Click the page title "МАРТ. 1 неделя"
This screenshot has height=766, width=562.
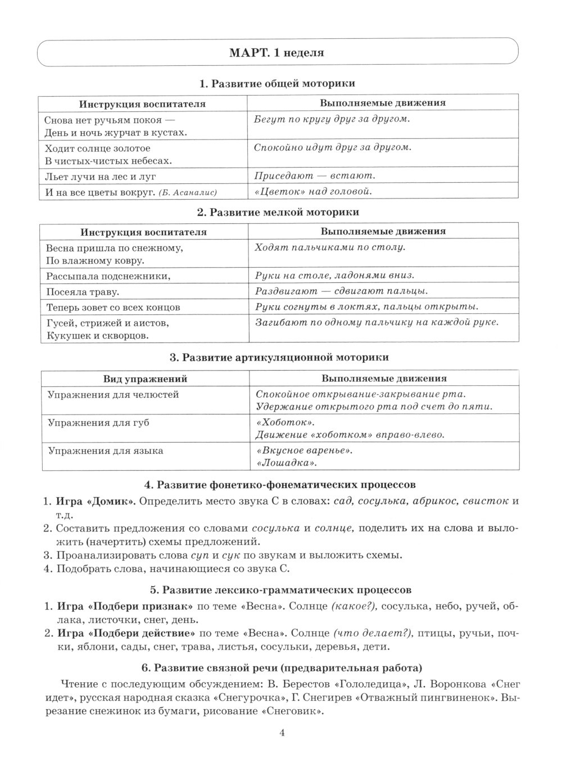(277, 53)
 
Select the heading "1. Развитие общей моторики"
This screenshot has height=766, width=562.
(277, 84)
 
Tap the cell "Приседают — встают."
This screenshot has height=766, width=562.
(315, 175)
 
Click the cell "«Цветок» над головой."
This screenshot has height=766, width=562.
(313, 192)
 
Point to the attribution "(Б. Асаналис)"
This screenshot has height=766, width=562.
(188, 193)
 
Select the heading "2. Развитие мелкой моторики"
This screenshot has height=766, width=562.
(278, 212)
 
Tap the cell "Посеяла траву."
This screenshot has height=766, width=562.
(83, 292)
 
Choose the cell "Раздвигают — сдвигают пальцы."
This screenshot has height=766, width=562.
(341, 291)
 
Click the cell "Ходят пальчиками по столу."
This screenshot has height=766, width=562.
(330, 247)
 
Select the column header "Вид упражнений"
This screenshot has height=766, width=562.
(145, 379)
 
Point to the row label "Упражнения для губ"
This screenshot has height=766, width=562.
(98, 423)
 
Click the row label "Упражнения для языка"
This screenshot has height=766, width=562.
(105, 451)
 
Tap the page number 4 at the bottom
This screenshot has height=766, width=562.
(282, 733)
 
